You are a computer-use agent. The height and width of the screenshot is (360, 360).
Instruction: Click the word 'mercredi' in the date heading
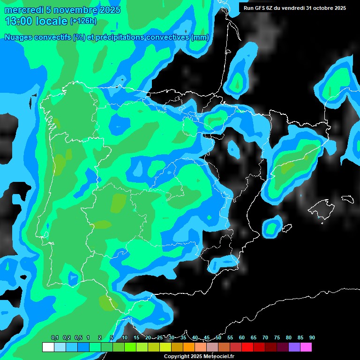pos(22,10)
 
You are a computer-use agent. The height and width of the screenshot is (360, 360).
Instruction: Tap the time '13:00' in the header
pos(18,21)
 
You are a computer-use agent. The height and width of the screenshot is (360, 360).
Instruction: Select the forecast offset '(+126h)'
pos(83,21)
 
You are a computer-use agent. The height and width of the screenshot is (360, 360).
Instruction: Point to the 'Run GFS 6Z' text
pos(261,8)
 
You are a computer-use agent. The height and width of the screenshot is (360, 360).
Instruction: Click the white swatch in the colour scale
pos(48,347)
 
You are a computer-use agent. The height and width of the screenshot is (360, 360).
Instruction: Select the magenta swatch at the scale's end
pos(306,347)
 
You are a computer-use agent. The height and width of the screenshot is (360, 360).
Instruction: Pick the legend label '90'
pos(312,337)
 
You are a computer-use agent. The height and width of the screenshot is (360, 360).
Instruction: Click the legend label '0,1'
pos(55,337)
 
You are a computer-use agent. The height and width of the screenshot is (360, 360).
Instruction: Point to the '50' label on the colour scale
pos(218,337)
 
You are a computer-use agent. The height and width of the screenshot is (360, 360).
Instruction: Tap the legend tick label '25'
pos(160,337)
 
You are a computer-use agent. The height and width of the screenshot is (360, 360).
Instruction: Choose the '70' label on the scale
pos(265,337)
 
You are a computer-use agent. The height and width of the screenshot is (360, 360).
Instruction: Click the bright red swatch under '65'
pos(259,347)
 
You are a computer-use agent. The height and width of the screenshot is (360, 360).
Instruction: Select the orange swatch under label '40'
pos(189,347)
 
